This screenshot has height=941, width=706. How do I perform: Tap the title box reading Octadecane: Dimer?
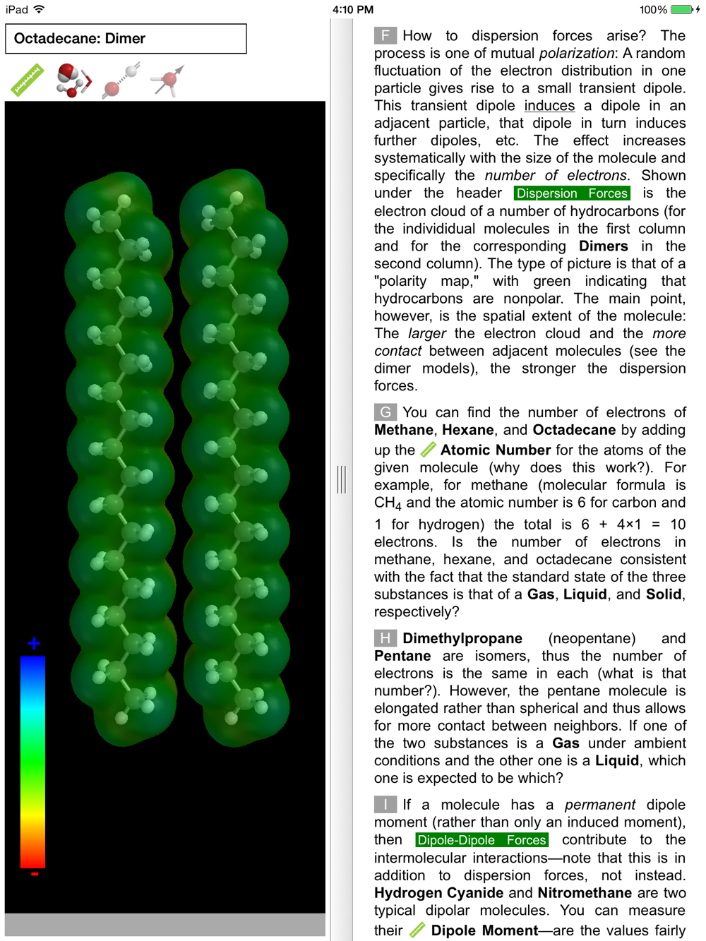126,39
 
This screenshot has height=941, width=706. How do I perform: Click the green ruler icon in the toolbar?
28,80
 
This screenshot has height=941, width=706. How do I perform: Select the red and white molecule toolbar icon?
73,80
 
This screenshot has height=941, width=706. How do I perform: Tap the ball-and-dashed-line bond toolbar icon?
121,80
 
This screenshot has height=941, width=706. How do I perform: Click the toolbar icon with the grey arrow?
167,80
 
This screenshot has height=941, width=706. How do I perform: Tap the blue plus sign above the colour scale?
34,643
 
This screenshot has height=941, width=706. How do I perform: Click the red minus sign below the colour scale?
34,875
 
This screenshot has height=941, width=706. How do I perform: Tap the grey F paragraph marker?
385,36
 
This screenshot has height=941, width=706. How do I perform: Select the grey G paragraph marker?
385,412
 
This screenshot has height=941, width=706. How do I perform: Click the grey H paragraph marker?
385,639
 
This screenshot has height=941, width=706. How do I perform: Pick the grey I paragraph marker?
385,805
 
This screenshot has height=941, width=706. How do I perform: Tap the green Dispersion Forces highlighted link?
572,193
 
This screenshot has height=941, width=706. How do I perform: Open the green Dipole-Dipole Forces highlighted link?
481,840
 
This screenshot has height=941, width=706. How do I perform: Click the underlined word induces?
549,106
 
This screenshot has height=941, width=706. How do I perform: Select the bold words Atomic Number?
495,450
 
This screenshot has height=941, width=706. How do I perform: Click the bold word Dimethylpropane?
462,639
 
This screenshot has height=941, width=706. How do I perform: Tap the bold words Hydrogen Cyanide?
438,893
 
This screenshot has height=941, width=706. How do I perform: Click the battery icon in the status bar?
682,10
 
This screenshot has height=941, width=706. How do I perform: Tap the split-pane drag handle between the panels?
342,479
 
